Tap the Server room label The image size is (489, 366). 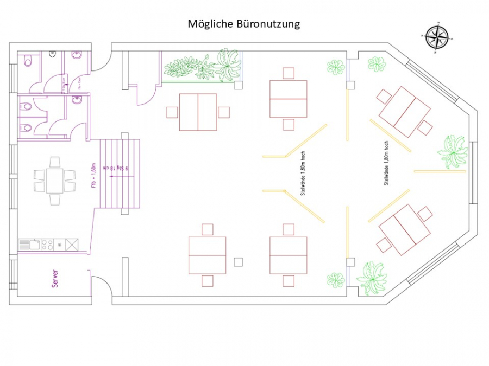pos(55,279)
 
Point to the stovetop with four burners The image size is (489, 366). pos(47,245)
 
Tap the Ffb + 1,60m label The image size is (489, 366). pos(94,176)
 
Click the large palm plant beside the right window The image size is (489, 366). pos(453,151)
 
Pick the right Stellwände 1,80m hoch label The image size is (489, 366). pos(387,164)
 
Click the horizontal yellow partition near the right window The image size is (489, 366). pos(440,171)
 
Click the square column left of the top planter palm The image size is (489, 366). pos(238,85)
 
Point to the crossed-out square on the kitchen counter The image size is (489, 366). pos(71,245)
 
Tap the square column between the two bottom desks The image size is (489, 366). pos(238,262)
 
